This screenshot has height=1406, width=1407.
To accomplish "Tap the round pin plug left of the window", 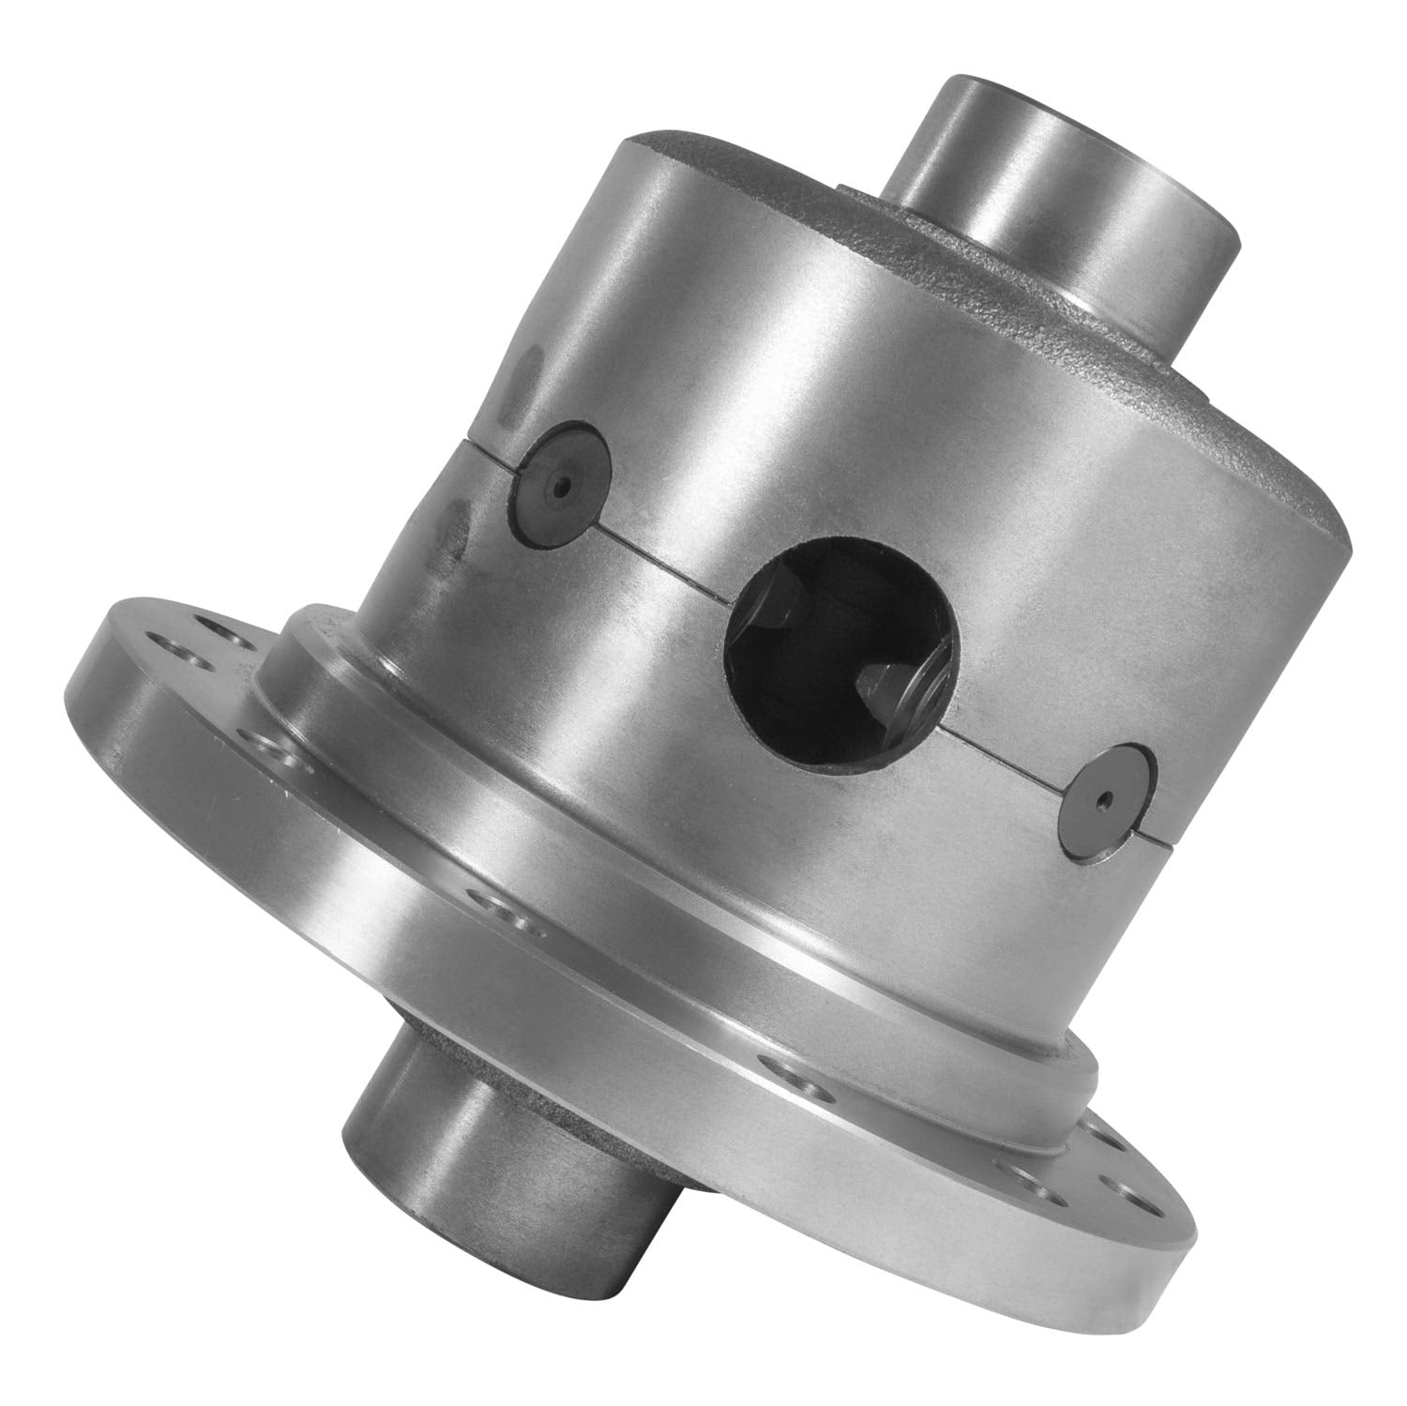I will (x=560, y=487).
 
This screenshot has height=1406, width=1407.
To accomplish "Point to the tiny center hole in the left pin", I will (x=560, y=487).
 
